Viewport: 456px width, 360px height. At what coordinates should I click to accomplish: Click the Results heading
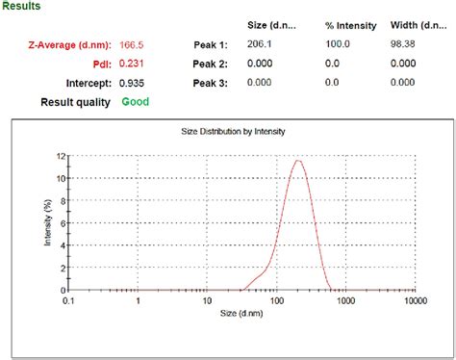click(x=21, y=6)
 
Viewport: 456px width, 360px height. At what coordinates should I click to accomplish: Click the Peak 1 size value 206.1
click(x=260, y=44)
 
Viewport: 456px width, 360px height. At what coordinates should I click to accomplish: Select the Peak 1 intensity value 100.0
click(x=339, y=44)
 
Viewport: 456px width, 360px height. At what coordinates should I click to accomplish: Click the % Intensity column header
click(x=349, y=24)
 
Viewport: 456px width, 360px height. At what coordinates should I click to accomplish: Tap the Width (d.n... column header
click(x=418, y=24)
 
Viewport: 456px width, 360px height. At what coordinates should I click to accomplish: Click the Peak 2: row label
click(x=210, y=64)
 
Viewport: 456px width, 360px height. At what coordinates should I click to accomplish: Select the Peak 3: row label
click(x=210, y=83)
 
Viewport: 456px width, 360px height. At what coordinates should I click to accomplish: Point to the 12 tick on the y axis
click(x=61, y=156)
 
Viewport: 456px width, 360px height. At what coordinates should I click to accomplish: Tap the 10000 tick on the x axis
click(x=416, y=301)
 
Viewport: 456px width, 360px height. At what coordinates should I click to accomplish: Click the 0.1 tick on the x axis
click(x=68, y=301)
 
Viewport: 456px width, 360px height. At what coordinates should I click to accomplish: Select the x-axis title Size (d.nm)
click(x=242, y=315)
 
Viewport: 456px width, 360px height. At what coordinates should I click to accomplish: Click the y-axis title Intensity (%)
click(x=47, y=222)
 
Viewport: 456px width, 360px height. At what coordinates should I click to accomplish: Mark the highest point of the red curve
click(x=299, y=161)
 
